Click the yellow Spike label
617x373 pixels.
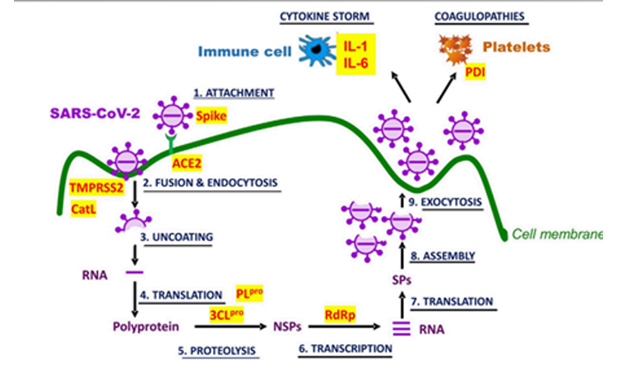[x=211, y=117]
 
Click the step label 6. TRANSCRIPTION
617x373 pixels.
[x=345, y=349]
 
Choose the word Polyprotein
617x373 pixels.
[x=146, y=327]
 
